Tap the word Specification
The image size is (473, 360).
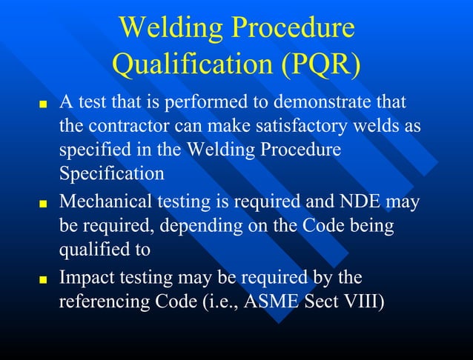[x=111, y=175]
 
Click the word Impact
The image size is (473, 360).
[x=85, y=278]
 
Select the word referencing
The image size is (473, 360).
[x=105, y=303]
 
